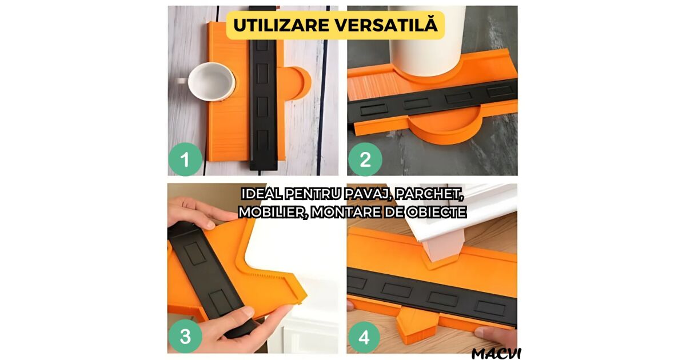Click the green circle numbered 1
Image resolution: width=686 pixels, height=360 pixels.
tap(185, 159)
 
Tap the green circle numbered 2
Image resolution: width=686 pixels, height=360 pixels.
tap(365, 159)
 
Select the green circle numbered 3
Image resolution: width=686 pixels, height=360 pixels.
tap(185, 336)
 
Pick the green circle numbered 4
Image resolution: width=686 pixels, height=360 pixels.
tap(364, 337)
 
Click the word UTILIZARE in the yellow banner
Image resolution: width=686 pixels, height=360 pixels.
tap(281, 25)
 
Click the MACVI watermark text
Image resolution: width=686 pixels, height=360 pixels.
tap(496, 354)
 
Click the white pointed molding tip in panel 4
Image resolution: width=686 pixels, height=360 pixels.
tap(443, 250)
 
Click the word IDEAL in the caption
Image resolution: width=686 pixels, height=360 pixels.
tap(260, 194)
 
